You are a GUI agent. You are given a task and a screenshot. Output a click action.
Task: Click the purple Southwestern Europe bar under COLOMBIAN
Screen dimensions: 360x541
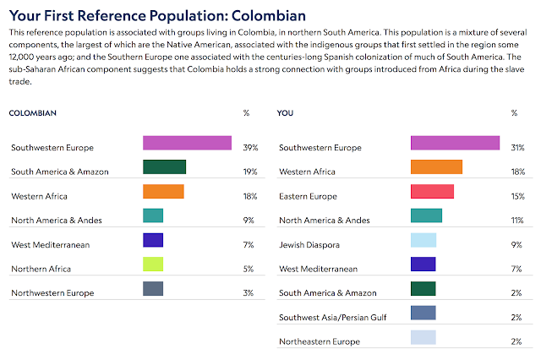pos(187,143)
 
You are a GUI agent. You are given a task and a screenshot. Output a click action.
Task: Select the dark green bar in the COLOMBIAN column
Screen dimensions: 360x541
pos(164,167)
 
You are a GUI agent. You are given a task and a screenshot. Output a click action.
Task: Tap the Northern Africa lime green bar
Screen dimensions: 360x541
pos(153,265)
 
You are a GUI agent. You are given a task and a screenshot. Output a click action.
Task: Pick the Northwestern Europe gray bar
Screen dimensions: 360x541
pos(153,289)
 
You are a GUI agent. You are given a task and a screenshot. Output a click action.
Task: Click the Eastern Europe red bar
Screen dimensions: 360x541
pos(432,192)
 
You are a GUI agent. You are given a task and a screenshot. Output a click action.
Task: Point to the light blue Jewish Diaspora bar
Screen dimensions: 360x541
pos(423,240)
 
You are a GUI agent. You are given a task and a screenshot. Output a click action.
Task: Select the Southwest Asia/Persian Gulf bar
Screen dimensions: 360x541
pos(423,313)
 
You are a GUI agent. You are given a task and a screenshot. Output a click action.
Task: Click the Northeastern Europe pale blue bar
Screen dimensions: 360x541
pos(423,337)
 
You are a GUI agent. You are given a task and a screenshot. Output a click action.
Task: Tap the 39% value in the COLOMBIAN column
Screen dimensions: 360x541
pos(249,147)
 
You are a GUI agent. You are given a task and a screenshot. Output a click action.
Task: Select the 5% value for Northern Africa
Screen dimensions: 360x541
pos(248,269)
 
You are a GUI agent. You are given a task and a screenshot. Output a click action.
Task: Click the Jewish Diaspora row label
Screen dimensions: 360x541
pos(307,244)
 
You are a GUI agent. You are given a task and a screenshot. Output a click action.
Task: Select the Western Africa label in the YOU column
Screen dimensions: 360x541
pos(307,172)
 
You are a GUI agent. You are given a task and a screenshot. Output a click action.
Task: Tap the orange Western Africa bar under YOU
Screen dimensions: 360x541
pos(436,167)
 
